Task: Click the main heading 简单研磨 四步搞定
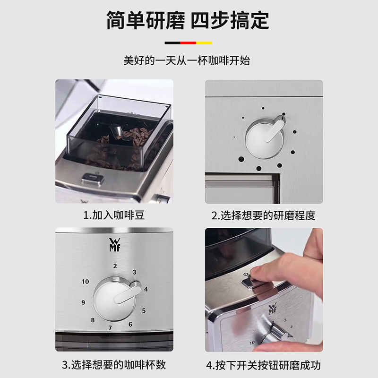188,20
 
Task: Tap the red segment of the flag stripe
188,43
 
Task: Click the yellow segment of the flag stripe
204,43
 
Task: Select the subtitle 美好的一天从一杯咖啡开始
187,60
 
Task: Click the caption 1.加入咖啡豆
114,215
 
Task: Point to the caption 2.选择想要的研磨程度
264,215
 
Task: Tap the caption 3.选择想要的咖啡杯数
114,365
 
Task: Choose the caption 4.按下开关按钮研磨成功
264,365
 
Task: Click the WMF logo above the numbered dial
114,245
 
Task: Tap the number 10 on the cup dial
86,281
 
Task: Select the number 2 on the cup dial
115,266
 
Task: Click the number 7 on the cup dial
110,328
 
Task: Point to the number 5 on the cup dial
144,310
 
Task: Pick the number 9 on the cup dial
83,302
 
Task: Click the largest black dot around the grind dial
241,159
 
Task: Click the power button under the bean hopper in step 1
92,179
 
